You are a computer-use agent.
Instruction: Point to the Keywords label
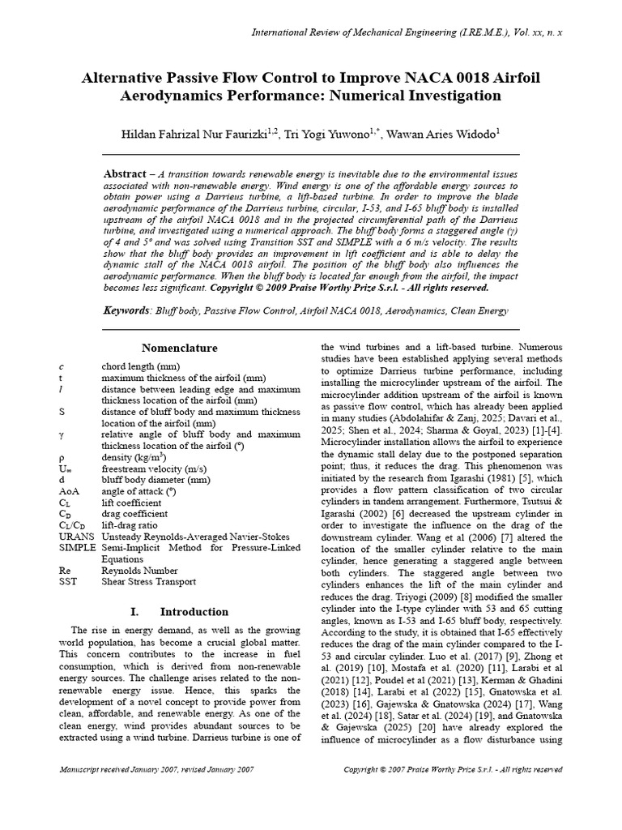128,310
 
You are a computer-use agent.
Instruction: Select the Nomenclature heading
180,349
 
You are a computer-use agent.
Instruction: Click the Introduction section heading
194,611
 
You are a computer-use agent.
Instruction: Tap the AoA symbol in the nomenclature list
70,491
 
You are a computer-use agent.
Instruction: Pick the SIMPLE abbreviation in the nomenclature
77,548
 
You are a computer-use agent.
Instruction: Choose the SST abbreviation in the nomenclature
69,582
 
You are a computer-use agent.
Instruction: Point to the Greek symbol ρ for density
62,457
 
